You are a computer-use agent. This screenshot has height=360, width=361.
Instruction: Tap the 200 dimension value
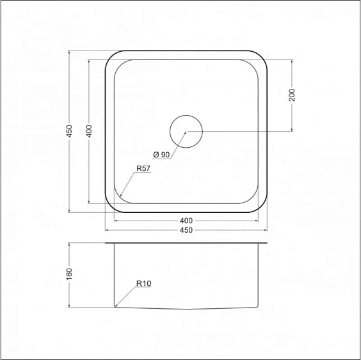point(292,94)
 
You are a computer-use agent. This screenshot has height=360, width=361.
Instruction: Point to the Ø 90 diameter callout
point(161,155)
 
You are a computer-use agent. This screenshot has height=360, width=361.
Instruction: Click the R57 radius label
point(143,169)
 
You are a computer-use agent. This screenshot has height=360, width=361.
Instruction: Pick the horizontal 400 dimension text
point(186,221)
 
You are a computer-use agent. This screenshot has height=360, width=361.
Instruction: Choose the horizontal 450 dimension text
point(186,230)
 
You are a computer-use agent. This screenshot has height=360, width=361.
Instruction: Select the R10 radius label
point(143,284)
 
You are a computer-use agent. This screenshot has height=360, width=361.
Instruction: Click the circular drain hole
point(186,131)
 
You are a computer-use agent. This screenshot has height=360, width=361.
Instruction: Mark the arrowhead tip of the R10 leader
point(116,307)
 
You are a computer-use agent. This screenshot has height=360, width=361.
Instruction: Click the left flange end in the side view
point(106,244)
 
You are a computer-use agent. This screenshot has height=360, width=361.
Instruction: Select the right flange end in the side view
point(266,244)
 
